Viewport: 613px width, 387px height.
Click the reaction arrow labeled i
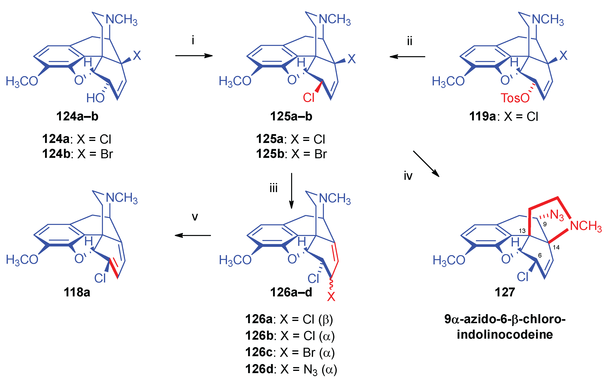[194, 56]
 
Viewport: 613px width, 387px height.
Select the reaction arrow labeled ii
[407, 56]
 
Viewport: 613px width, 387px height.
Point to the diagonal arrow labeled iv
[426, 164]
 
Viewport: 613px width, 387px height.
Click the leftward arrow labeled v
[193, 235]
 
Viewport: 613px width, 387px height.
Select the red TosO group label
[515, 98]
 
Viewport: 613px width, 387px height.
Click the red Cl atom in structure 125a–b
[309, 98]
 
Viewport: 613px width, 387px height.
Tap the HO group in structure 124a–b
[95, 98]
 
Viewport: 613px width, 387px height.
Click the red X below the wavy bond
[331, 297]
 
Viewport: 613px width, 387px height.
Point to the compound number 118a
[77, 292]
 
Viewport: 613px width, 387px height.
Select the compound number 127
[505, 292]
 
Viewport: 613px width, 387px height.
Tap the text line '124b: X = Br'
[77, 154]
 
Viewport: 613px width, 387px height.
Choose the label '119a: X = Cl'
[504, 117]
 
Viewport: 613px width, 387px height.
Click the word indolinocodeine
[505, 334]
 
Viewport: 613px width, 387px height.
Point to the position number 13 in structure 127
[522, 231]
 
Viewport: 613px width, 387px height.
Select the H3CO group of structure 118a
[22, 260]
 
